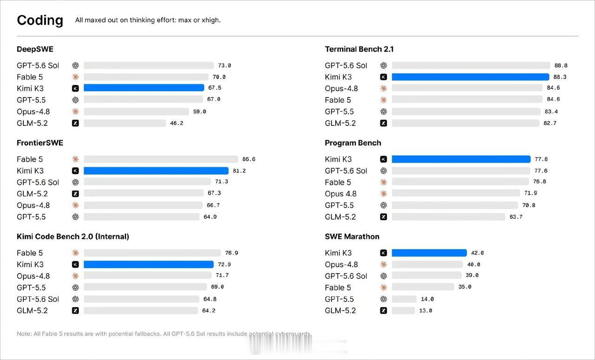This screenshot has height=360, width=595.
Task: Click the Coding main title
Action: (x=40, y=20)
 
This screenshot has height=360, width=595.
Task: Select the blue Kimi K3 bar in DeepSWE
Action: (x=144, y=88)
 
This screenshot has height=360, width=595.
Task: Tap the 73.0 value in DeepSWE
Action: (x=225, y=65)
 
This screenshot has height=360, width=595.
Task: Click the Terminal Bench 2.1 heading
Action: (x=359, y=49)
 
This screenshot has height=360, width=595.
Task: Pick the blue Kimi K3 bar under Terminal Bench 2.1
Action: (x=470, y=77)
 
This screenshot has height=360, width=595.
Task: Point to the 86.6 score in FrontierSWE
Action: (x=249, y=159)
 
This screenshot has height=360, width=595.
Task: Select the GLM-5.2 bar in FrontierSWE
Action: (x=144, y=193)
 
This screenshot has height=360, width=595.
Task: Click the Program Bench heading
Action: (x=353, y=143)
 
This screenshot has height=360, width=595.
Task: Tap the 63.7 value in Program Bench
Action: (x=516, y=217)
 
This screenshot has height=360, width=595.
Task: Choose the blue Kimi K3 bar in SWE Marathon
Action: (x=429, y=253)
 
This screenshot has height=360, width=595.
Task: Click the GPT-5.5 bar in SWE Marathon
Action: (x=404, y=299)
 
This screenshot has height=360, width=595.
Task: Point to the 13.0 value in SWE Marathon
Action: (x=425, y=311)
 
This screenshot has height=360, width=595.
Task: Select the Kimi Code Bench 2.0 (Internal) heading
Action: (x=73, y=236)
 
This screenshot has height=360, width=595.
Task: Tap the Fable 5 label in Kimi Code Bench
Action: (x=30, y=253)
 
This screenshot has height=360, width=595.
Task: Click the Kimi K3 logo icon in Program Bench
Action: (x=383, y=159)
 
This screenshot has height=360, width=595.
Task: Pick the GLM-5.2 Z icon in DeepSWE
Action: (x=75, y=123)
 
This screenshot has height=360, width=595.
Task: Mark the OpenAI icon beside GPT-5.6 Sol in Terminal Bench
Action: (x=383, y=65)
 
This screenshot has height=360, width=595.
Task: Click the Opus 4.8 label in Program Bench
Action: (x=341, y=194)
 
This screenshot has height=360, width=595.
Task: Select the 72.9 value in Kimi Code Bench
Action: (x=224, y=264)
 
